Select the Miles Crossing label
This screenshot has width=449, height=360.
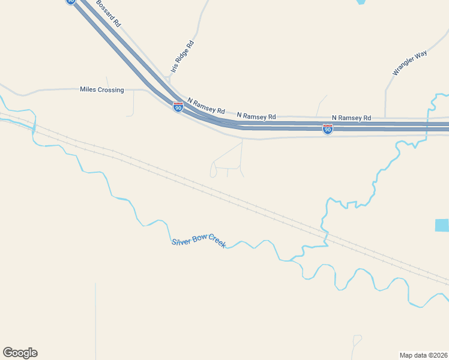(101, 90)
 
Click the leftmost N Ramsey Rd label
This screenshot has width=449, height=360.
(206, 107)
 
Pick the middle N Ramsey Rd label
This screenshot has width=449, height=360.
(256, 116)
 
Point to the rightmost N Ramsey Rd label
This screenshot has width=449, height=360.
(351, 118)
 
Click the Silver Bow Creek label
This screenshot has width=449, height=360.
(199, 242)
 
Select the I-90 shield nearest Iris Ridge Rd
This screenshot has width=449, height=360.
(178, 107)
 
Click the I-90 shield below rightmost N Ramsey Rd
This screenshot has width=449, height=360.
(327, 129)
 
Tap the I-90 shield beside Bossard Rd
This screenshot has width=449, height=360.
(71, 2)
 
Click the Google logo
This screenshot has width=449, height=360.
(20, 353)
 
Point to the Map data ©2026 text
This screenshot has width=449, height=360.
(423, 355)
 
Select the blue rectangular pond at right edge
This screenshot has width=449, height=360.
(442, 226)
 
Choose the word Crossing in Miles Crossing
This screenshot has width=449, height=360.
(111, 90)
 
